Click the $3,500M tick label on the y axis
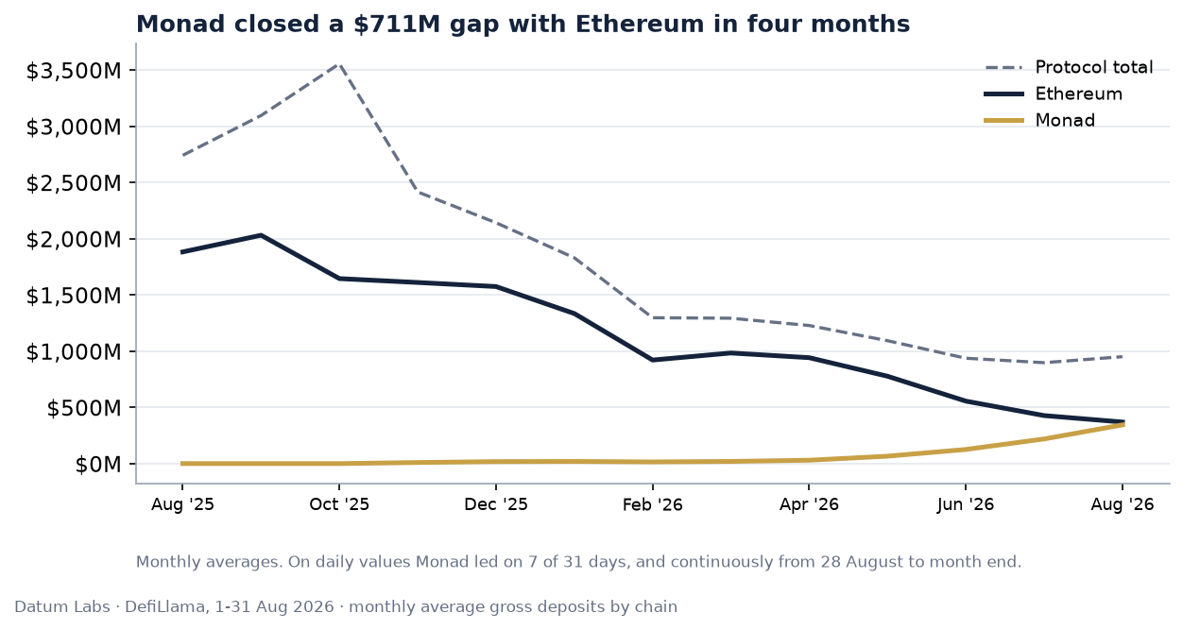(74, 71)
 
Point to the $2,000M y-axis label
(74, 240)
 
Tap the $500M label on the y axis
(84, 408)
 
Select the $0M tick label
(98, 465)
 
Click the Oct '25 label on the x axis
(339, 504)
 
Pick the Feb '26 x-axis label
(653, 504)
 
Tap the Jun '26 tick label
(966, 504)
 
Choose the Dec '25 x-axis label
(496, 504)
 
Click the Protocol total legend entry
(1069, 68)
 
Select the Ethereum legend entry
(1054, 94)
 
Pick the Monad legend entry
(1040, 120)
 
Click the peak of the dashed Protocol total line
(339, 64)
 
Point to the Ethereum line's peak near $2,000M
(261, 235)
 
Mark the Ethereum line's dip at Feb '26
(653, 360)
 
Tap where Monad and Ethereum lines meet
(1123, 423)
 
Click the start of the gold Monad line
(182, 464)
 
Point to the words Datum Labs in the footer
(62, 606)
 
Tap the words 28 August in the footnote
(856, 562)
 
